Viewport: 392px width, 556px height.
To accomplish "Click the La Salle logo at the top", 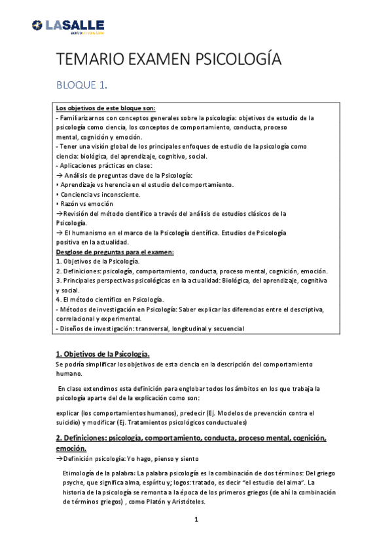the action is [67, 26].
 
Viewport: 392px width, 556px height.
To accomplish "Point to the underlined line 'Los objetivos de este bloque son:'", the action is [105, 108].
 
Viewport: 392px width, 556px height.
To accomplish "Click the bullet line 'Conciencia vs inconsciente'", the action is [99, 195].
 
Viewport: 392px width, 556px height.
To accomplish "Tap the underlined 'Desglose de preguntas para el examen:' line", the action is [114, 252].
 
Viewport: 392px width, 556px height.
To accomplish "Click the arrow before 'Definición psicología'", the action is [59, 459].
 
